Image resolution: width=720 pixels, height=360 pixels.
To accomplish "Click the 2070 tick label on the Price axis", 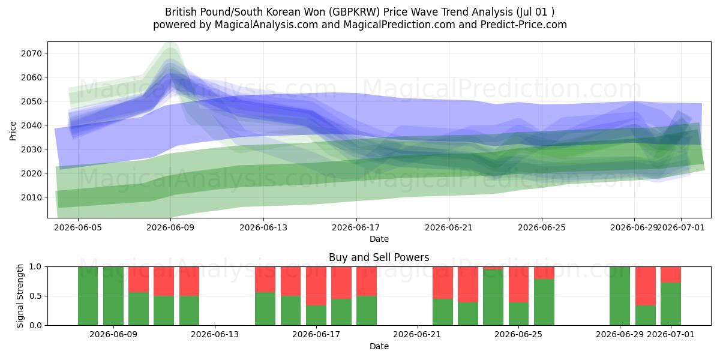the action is coord(31,53).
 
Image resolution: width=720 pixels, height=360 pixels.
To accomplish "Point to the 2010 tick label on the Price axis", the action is coord(31,197).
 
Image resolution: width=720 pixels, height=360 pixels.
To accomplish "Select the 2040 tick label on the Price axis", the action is coord(31,125).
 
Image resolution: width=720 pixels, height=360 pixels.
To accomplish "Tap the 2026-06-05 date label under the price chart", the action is coord(78,227).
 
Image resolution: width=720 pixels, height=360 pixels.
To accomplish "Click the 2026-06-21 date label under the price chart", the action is coord(449,227).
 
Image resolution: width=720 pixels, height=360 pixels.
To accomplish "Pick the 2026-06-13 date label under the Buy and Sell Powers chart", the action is coord(215,334).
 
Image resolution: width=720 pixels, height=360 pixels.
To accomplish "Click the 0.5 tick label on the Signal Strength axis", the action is coord(35,296).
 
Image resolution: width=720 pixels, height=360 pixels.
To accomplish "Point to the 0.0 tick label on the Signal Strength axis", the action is coord(35,325).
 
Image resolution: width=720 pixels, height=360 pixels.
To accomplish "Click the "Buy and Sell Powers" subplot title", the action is coord(379,257).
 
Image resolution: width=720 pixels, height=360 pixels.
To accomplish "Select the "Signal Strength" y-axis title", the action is coord(20,296).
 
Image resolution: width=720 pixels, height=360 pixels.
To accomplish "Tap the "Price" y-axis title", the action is coord(13,131).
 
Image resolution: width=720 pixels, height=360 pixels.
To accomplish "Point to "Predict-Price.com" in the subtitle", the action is coord(524,25).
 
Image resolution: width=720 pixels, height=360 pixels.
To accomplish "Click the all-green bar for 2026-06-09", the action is coord(113,296).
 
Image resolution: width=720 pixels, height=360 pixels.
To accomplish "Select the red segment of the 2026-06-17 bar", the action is coord(316,286).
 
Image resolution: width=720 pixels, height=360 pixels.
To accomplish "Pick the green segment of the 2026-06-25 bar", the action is coord(544,302).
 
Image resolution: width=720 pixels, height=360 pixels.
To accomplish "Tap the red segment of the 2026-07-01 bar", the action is coord(671,275).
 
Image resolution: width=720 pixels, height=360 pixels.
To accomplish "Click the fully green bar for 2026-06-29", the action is coord(620,296).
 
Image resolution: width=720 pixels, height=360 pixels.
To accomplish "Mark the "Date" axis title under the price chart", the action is coord(379,239).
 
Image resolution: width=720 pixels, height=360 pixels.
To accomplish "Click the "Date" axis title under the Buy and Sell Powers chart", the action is coord(379,346).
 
